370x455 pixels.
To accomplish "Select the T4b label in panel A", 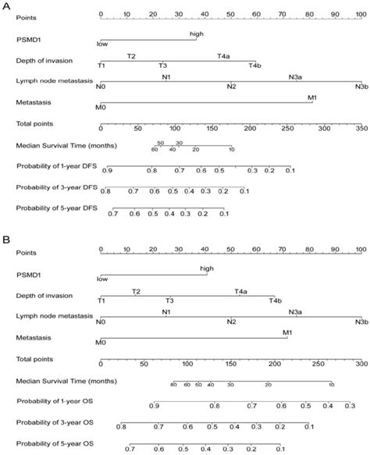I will tap(254, 66).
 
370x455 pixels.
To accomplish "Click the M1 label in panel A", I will tap(312, 97).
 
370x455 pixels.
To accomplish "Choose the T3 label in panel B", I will tap(169, 300).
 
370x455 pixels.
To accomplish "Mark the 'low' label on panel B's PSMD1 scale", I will tap(101, 279).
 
